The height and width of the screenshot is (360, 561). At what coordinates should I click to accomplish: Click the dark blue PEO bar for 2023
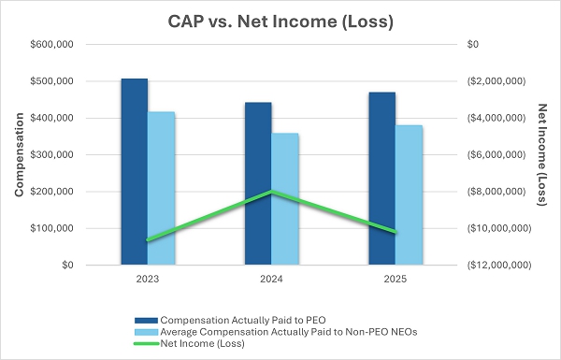pos(134,172)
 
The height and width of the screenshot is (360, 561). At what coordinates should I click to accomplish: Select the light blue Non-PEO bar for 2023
pos(161,188)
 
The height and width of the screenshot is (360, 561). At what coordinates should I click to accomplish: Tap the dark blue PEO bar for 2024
pos(258,183)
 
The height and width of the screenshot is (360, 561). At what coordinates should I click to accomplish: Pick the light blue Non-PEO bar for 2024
pos(285,199)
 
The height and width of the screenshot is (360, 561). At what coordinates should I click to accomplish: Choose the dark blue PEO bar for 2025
pos(382,179)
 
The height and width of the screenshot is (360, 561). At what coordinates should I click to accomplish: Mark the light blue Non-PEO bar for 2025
pos(409,195)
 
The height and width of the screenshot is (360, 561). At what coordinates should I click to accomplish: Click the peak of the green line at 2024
pos(271,192)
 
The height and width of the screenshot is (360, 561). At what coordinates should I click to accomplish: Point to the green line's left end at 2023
pos(148,239)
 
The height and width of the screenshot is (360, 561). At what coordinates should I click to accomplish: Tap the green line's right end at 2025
pos(396,232)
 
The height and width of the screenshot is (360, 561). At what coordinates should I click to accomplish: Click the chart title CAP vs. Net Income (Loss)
pos(280,22)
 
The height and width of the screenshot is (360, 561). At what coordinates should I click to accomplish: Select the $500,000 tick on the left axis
pos(51,81)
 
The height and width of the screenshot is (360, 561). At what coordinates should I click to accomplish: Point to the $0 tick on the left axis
pos(67,266)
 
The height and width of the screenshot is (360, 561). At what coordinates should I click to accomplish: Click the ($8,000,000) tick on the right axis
pos(496,192)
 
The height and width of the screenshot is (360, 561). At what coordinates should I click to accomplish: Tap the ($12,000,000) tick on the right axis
pos(499,266)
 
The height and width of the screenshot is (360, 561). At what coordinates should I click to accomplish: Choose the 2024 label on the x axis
pos(271,280)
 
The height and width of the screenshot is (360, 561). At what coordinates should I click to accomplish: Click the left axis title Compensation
pos(19,154)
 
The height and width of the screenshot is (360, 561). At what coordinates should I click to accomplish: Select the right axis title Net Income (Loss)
pos(542,154)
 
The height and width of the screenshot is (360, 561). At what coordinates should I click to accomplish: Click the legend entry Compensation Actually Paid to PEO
pos(230,321)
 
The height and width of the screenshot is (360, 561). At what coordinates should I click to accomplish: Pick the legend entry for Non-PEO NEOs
pos(276,332)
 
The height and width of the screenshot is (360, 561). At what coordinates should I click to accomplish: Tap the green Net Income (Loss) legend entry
pos(189,343)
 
